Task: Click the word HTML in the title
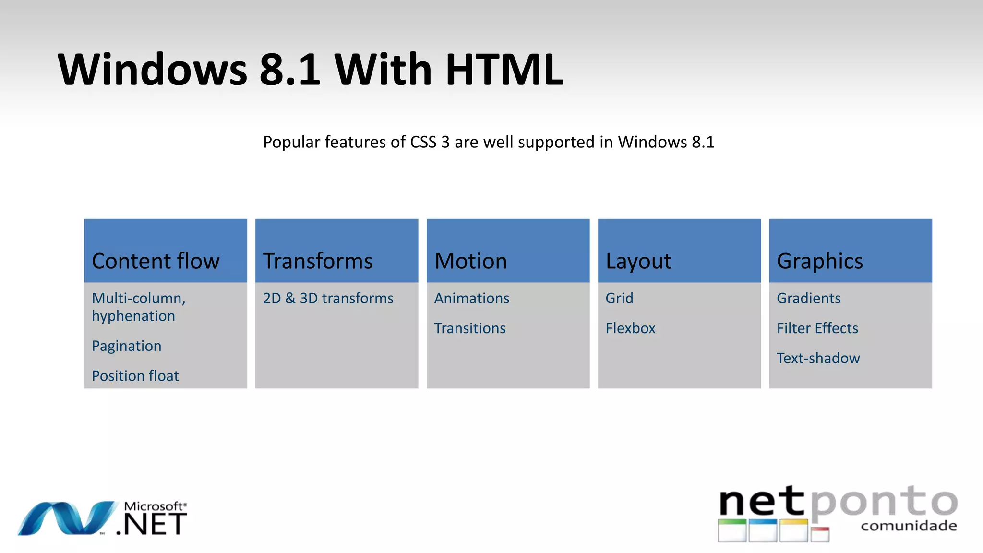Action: click(504, 70)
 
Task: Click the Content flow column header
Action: click(156, 261)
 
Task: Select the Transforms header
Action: click(318, 261)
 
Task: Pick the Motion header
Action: click(470, 261)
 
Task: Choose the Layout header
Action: click(638, 261)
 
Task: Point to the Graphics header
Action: click(820, 261)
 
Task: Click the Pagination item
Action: click(126, 346)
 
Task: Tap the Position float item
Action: click(135, 376)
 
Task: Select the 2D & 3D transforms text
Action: click(328, 298)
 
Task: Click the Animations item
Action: click(471, 298)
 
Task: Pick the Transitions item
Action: click(469, 328)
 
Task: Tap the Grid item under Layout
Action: click(619, 298)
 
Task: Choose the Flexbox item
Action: click(630, 328)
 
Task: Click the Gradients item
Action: click(808, 298)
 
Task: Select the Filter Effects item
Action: click(817, 328)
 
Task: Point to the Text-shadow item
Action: click(818, 358)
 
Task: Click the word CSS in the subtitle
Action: click(423, 142)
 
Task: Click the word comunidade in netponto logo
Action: click(909, 526)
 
